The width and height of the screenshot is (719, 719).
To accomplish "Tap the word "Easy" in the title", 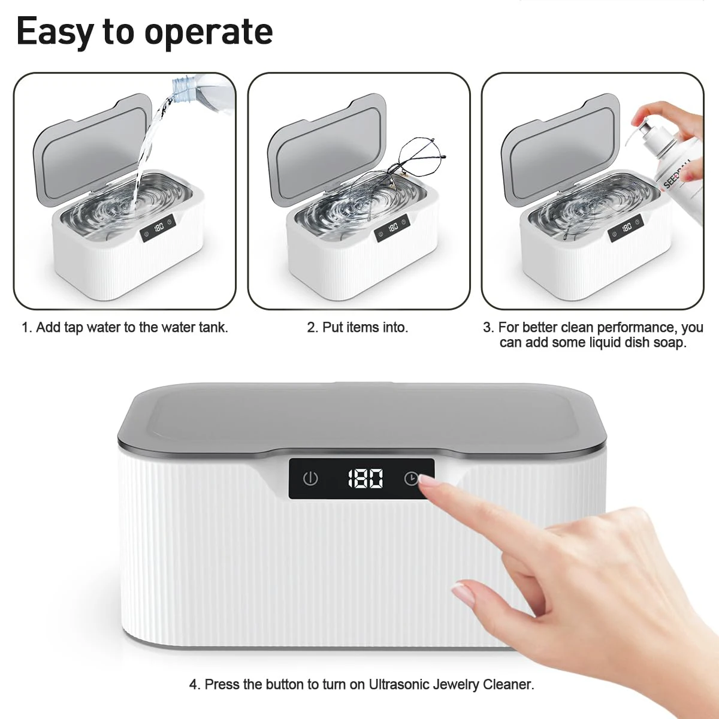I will click(55, 32).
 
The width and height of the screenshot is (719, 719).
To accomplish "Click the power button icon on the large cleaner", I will click(310, 479).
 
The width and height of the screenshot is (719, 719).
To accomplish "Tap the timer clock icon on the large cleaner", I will click(411, 478).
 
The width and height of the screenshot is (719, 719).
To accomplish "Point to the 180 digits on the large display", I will click(365, 479).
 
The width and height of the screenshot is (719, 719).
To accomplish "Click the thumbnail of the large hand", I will click(463, 593).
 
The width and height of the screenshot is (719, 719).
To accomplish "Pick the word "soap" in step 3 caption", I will click(671, 343).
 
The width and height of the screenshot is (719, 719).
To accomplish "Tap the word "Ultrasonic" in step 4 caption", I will click(399, 684).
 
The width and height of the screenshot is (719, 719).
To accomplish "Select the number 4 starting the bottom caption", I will click(194, 684).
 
